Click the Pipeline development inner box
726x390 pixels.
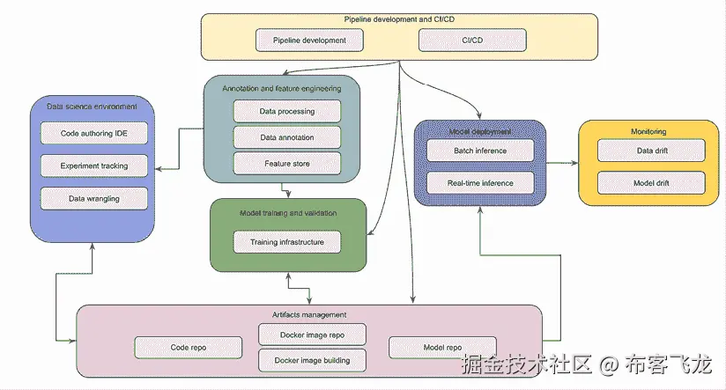pos(309,40)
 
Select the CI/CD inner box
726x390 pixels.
pos(471,40)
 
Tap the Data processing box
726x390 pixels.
pos(286,112)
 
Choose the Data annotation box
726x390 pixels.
pos(286,137)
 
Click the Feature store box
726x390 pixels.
pos(286,163)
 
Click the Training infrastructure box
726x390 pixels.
pos(286,241)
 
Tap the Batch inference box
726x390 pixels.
pos(480,151)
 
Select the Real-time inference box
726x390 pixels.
pos(480,183)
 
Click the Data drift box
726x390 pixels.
pos(651,151)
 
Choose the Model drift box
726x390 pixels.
pos(651,183)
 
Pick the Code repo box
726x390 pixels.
pos(187,347)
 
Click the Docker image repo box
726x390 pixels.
pos(313,335)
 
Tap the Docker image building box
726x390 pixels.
pos(313,359)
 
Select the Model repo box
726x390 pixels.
pos(442,347)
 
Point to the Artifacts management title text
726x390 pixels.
pos(308,314)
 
